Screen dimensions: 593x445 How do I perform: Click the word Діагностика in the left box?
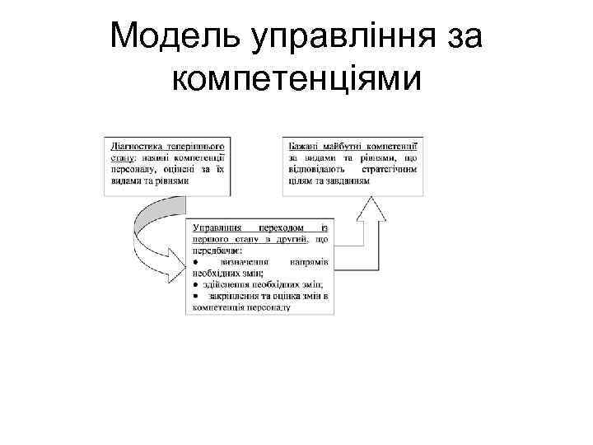pos(133,143)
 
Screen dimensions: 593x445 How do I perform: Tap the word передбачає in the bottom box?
pos(217,250)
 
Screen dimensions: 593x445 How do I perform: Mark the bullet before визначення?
pos(195,261)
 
